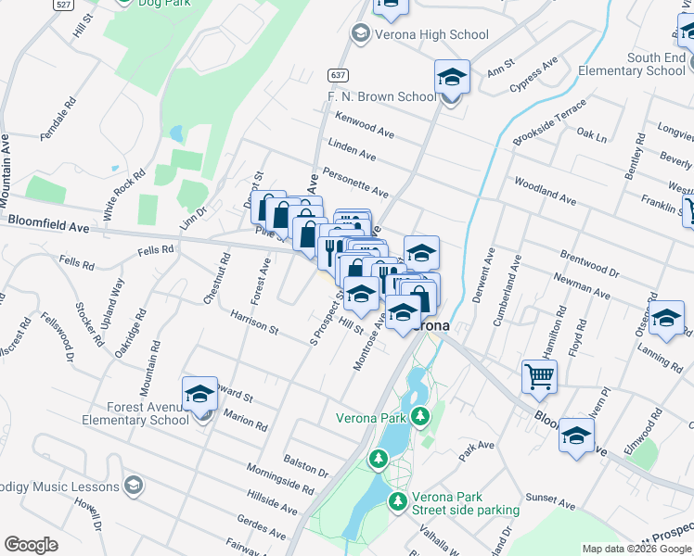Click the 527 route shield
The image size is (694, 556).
click(x=64, y=4)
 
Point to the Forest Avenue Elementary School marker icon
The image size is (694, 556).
click(x=199, y=396)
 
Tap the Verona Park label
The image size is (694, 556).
click(x=371, y=419)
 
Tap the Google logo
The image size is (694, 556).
click(x=32, y=545)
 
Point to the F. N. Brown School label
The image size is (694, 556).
click(x=380, y=96)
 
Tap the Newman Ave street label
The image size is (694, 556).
click(x=581, y=285)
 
